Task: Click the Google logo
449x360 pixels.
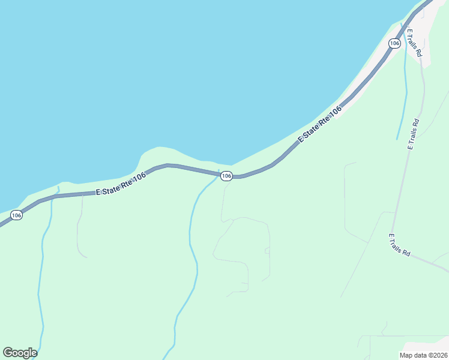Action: click(20, 353)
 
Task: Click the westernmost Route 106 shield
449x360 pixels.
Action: click(16, 215)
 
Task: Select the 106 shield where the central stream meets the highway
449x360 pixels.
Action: click(226, 176)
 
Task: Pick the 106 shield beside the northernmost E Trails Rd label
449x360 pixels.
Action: click(394, 43)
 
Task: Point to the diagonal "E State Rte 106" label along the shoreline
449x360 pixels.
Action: click(320, 124)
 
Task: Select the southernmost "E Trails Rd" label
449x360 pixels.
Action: click(399, 245)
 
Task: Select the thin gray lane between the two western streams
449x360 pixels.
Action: click(78, 234)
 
